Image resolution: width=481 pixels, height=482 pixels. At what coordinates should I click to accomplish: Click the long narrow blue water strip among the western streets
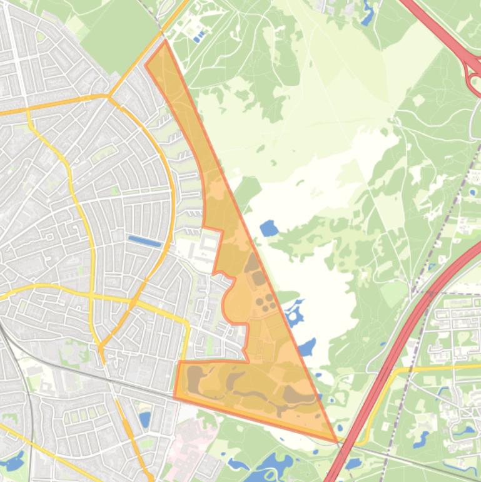(144, 240)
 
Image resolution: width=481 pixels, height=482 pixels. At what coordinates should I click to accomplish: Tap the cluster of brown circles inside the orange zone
(266, 304)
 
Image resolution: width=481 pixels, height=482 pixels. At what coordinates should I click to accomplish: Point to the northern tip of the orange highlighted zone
(165, 43)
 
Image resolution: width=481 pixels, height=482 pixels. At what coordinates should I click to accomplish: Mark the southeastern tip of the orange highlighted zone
(335, 440)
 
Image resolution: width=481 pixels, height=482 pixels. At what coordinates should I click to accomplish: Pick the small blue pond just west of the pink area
(145, 419)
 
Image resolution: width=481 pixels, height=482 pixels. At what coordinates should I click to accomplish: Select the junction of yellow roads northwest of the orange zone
(108, 97)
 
